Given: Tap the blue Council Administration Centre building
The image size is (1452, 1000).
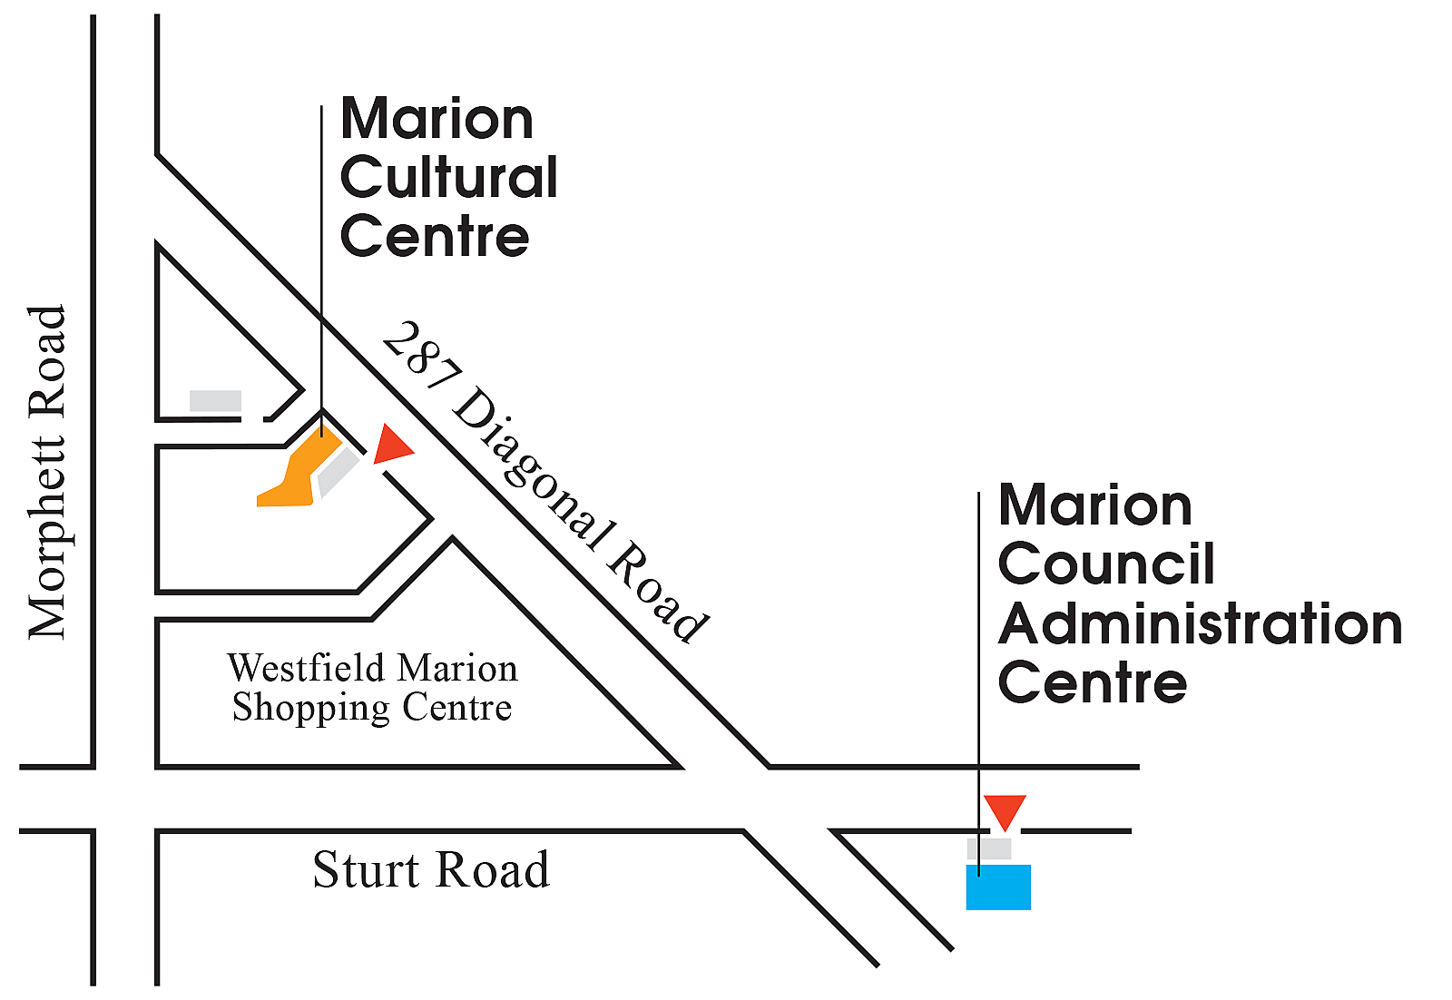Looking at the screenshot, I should [998, 887].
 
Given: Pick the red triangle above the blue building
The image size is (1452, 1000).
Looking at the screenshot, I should [1005, 810].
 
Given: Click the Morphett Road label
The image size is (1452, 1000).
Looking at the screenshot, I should [47, 472].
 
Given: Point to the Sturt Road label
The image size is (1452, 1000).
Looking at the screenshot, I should [431, 869].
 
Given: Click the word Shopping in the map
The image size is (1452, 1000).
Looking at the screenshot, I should [311, 708].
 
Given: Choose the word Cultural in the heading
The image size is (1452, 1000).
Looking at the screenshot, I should [448, 177].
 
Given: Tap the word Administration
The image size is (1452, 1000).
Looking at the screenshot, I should [1200, 624].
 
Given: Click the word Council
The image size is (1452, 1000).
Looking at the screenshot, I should [1106, 564].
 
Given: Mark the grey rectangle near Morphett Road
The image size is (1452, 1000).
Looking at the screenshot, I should [215, 400].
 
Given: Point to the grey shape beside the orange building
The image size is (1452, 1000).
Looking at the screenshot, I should [338, 472].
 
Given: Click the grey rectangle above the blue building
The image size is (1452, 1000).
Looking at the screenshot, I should [989, 849].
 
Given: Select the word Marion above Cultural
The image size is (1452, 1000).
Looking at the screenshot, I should [437, 119].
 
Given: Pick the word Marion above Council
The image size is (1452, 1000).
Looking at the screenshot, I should [1094, 505].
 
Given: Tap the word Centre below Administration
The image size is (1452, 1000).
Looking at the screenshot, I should [1093, 683].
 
